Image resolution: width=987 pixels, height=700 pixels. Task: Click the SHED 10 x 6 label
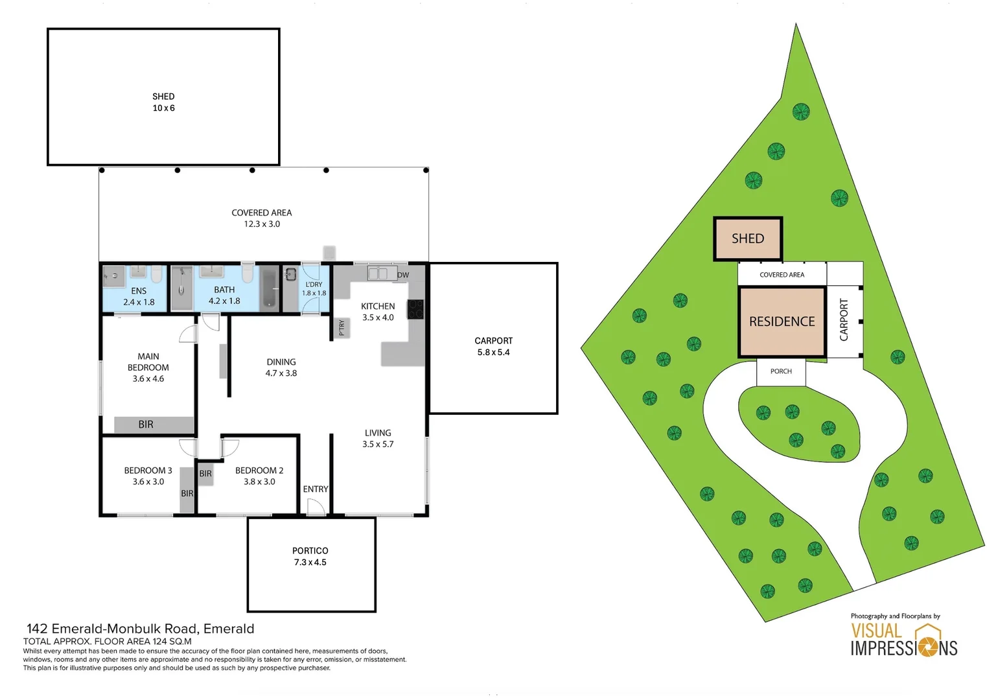click(163, 102)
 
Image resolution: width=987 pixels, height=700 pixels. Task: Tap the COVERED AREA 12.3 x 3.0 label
click(262, 218)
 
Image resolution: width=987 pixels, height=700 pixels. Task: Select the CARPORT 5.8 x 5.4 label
click(493, 347)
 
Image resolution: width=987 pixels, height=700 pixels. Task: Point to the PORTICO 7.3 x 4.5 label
click(310, 557)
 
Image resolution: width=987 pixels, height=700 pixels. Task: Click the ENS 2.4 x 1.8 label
click(139, 297)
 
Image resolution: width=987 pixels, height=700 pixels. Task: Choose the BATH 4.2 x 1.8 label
click(224, 296)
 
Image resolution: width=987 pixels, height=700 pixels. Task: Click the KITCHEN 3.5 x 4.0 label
click(378, 312)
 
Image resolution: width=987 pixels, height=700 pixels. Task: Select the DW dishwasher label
click(403, 275)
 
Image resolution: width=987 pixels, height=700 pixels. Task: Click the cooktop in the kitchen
click(415, 309)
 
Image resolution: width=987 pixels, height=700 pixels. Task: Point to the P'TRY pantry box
click(342, 328)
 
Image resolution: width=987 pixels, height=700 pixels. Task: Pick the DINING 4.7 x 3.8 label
click(281, 367)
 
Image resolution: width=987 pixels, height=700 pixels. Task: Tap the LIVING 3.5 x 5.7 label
click(378, 439)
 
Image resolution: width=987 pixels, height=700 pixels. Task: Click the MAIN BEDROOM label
click(148, 367)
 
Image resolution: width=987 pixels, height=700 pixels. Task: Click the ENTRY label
click(316, 489)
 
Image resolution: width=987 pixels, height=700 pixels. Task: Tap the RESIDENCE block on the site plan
click(782, 321)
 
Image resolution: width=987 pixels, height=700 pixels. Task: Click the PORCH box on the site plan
click(781, 372)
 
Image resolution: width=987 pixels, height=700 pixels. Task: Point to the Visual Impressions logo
click(903, 639)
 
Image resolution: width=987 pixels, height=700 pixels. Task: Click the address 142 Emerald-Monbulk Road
click(141, 629)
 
